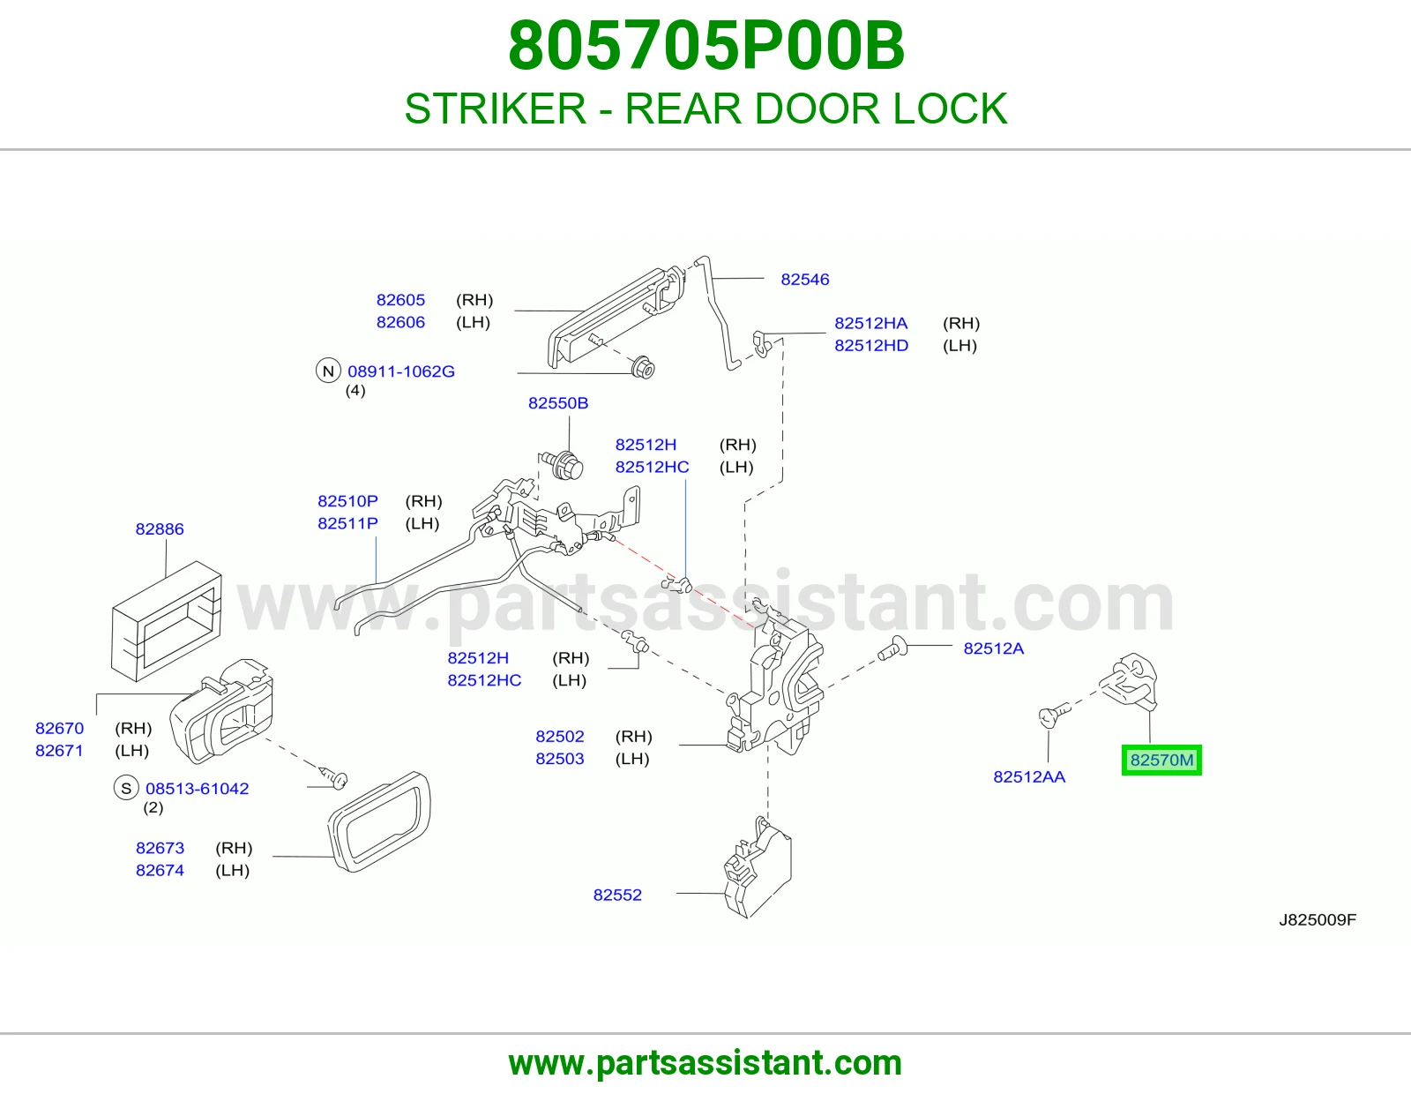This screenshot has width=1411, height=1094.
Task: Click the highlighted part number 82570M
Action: click(1161, 760)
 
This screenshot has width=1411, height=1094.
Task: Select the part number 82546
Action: click(804, 280)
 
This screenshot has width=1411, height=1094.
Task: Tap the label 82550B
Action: click(557, 403)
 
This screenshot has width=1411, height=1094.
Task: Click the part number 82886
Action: click(159, 528)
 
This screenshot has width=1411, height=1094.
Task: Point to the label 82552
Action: click(616, 895)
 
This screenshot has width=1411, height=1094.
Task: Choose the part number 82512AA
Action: click(1029, 776)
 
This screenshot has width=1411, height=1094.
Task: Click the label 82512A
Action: click(994, 648)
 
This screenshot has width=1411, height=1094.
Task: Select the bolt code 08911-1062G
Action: click(400, 371)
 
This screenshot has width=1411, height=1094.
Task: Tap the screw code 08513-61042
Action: click(197, 788)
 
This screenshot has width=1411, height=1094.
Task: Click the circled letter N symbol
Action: click(328, 371)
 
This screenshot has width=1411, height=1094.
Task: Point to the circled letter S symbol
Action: click(126, 788)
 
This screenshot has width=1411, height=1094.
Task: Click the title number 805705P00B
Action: click(705, 46)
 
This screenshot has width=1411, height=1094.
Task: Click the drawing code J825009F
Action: click(1318, 919)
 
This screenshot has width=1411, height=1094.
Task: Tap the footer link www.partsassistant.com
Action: click(705, 1063)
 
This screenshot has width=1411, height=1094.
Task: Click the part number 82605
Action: click(400, 299)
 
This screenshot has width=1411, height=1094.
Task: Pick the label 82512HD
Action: click(870, 345)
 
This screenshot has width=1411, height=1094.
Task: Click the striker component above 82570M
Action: click(1130, 681)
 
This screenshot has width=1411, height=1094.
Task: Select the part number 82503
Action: click(559, 758)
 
